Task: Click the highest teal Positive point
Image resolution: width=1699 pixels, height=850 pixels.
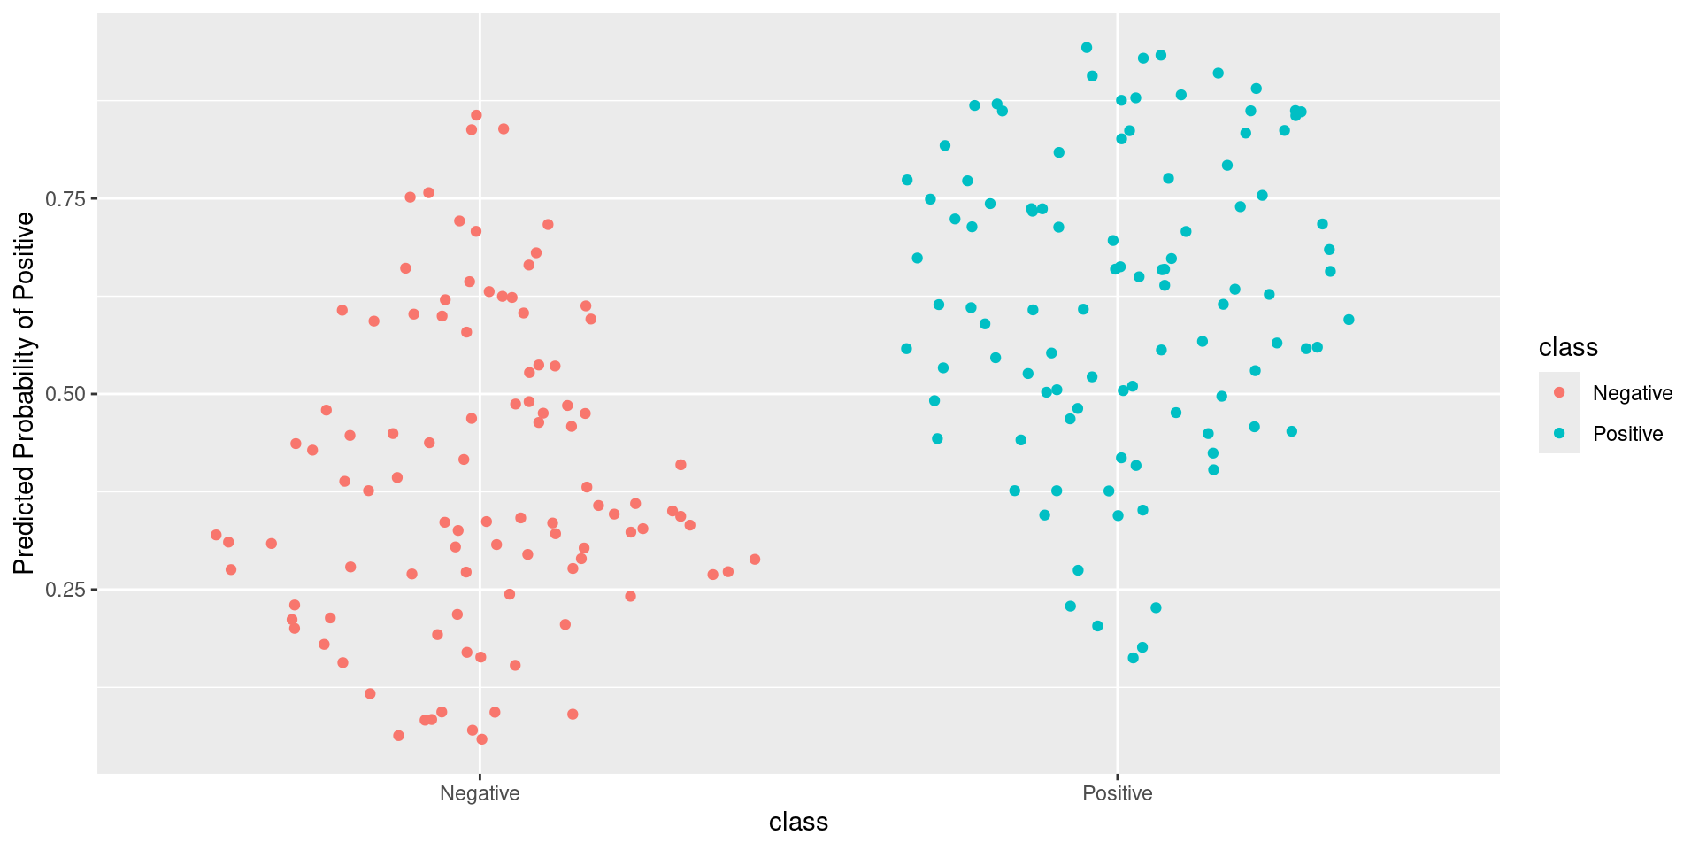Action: (1087, 48)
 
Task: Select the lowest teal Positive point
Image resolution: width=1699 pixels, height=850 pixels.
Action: (1133, 658)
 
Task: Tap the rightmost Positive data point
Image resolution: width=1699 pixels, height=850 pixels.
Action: (1349, 320)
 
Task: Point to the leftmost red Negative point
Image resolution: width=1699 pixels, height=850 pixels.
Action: (216, 535)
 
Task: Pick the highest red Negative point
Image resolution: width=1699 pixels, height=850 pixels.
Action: (476, 115)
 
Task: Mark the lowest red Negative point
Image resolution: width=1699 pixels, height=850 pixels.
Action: (482, 739)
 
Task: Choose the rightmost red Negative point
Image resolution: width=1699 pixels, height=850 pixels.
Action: (755, 560)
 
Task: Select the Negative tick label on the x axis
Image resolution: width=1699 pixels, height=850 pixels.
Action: (480, 793)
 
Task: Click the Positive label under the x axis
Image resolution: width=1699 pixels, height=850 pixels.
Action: (1118, 793)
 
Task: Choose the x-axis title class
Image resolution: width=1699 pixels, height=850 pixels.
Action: (798, 823)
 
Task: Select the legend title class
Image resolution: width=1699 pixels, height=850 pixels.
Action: (1568, 347)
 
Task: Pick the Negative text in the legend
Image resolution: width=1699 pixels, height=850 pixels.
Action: (1633, 393)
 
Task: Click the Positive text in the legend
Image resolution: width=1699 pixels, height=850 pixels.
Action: (1627, 434)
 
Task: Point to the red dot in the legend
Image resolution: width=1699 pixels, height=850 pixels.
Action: (1559, 392)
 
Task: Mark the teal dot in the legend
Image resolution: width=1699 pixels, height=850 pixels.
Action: (1559, 433)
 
